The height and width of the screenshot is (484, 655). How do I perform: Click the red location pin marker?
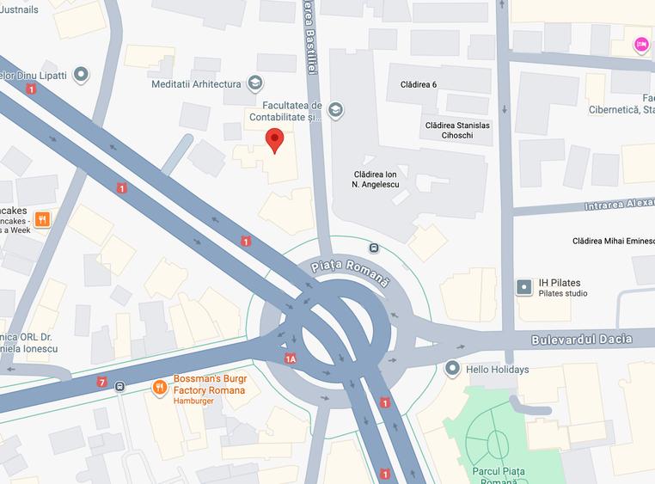click(274, 140)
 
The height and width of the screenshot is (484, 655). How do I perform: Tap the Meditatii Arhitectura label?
click(195, 83)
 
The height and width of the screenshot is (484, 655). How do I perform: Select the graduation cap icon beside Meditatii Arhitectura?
click(254, 83)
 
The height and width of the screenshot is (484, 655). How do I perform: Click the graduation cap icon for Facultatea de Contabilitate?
click(335, 109)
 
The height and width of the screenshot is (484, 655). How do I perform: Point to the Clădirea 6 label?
click(419, 84)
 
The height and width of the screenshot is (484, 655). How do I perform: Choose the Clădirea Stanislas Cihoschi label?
click(457, 131)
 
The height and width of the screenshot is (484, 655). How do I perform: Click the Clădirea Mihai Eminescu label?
click(613, 242)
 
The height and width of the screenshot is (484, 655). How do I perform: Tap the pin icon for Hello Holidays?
click(453, 369)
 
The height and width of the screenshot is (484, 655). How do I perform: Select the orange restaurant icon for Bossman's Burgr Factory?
click(159, 388)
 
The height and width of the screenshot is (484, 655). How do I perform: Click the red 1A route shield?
click(291, 358)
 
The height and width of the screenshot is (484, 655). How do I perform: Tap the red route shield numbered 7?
click(102, 382)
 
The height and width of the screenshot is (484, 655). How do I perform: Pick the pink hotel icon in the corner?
click(641, 44)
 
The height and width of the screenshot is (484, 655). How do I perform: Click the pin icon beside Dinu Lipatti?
click(82, 75)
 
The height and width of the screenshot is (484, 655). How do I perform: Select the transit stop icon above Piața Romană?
click(374, 248)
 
